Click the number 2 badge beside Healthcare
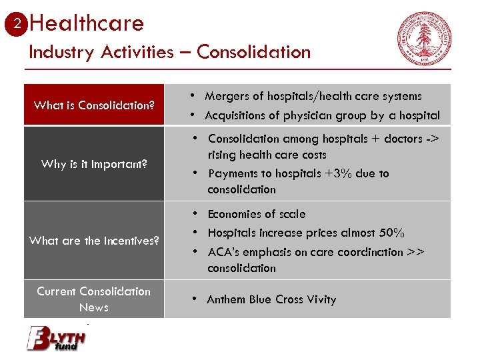(x=19, y=24)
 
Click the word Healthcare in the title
(x=87, y=23)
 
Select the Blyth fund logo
(x=56, y=337)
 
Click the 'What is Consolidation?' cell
(x=94, y=105)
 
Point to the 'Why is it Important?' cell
(x=94, y=164)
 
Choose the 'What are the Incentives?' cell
(x=94, y=241)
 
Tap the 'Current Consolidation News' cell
(x=94, y=299)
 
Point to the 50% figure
(x=391, y=233)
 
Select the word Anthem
(x=226, y=300)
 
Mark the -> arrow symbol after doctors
(x=433, y=139)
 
